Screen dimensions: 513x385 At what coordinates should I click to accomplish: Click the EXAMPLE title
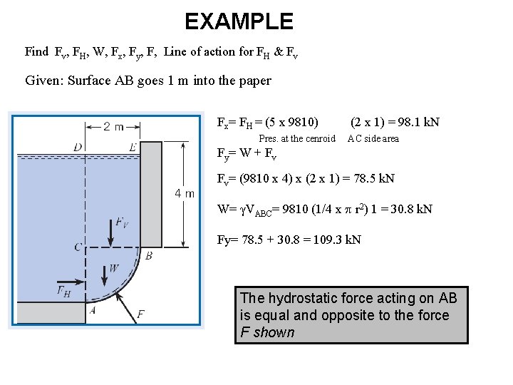click(239, 21)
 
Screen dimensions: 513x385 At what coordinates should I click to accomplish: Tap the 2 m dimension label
click(113, 127)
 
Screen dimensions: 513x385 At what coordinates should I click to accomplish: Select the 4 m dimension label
click(184, 194)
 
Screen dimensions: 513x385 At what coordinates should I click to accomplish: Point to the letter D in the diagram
click(77, 148)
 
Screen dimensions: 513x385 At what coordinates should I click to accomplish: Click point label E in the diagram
click(133, 148)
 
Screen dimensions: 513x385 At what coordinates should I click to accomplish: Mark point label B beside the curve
click(149, 255)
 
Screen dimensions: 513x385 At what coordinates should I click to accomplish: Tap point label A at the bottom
click(93, 310)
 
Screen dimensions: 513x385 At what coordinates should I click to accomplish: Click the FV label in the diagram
click(123, 223)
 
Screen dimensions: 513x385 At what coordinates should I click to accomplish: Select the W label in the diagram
click(115, 269)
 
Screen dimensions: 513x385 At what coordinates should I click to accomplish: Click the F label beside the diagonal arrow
click(140, 313)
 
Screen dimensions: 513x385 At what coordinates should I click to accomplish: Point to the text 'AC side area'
click(373, 138)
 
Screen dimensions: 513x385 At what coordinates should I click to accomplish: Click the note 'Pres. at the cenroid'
click(296, 138)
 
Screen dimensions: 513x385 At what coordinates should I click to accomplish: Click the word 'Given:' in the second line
click(44, 80)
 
